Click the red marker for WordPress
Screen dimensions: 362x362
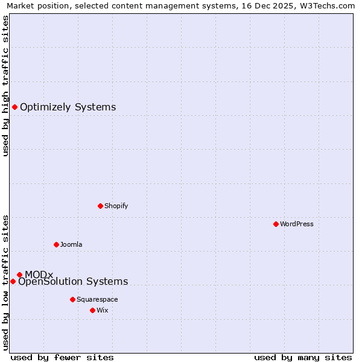click(276, 224)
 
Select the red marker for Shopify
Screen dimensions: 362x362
click(100, 206)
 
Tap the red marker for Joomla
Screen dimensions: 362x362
click(56, 244)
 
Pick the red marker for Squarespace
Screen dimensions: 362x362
click(72, 299)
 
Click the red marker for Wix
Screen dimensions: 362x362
click(92, 310)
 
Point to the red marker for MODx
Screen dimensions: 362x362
click(19, 275)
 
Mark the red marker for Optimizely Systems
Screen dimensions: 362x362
click(14, 107)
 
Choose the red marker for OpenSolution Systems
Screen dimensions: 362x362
click(13, 281)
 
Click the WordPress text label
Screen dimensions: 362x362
click(297, 224)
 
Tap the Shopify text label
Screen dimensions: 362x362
click(116, 206)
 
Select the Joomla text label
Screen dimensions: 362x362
click(71, 244)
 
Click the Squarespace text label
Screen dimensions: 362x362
click(97, 299)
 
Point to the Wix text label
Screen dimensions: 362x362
click(102, 310)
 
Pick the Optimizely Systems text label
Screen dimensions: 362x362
click(68, 107)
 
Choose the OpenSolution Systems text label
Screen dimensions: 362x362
click(73, 282)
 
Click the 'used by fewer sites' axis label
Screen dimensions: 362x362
click(62, 357)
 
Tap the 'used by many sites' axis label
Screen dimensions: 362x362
click(303, 357)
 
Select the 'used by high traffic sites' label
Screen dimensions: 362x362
click(5, 86)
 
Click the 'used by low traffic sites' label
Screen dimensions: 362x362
click(5, 282)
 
